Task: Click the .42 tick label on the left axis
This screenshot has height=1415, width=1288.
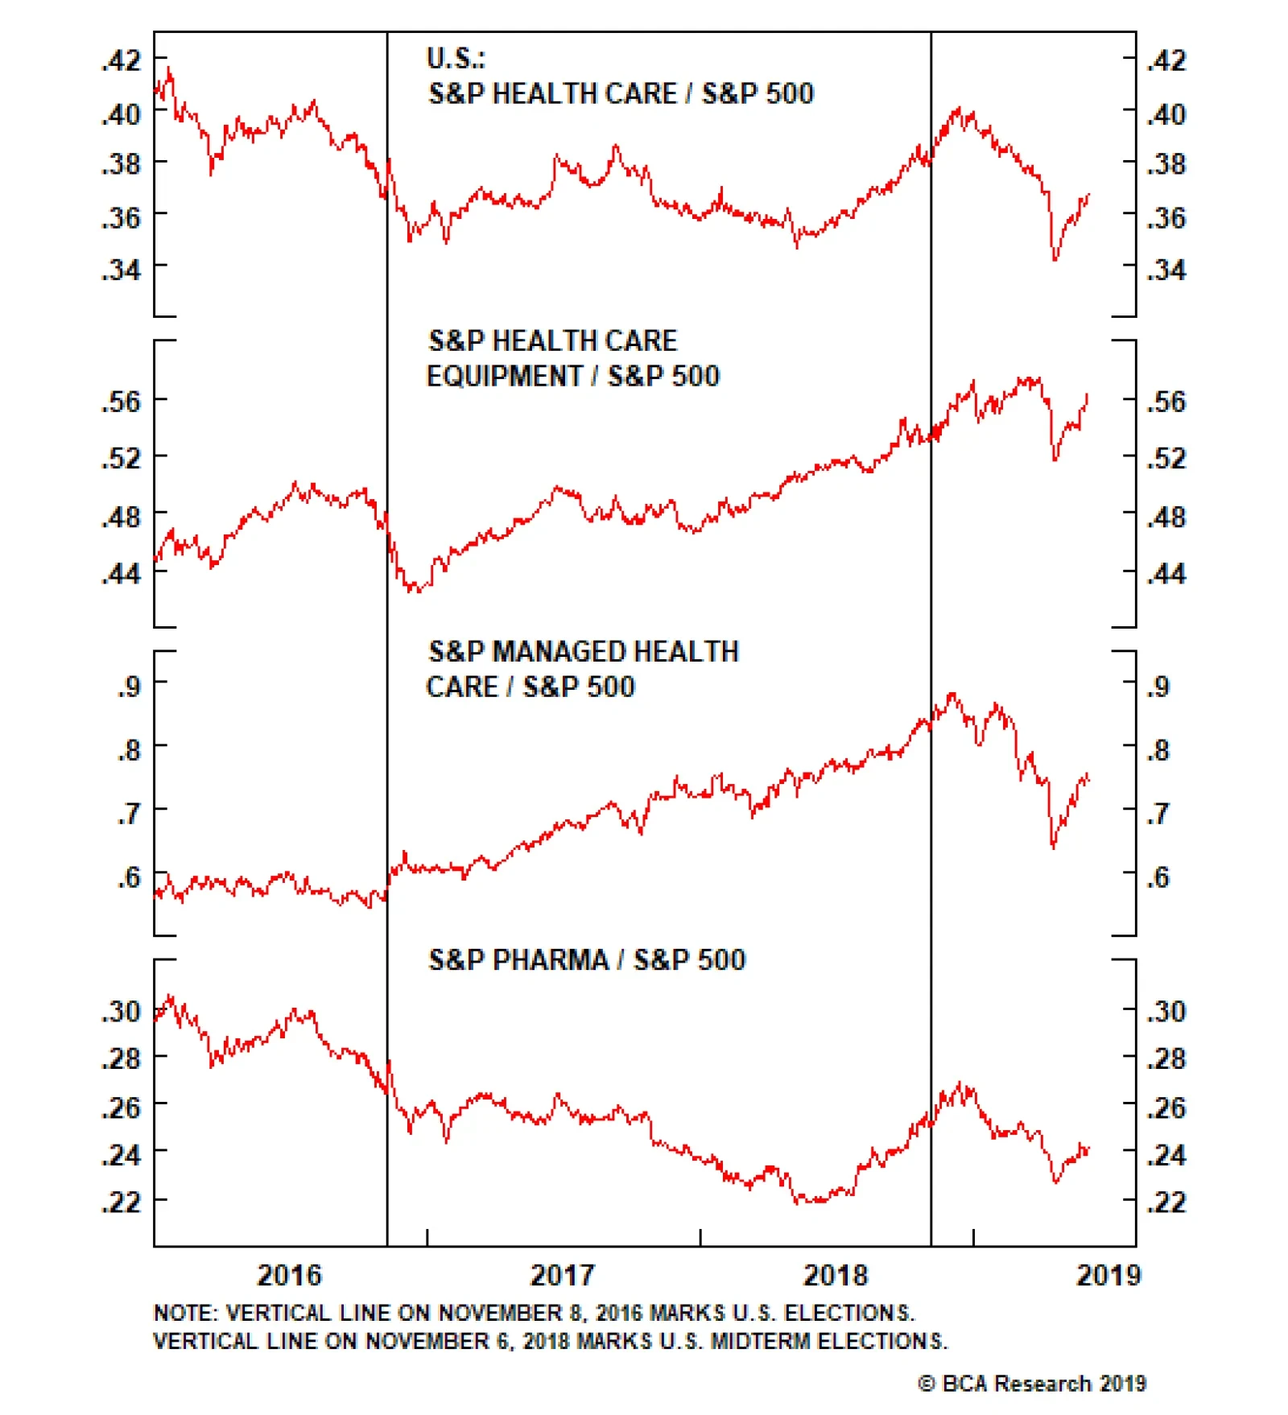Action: [122, 60]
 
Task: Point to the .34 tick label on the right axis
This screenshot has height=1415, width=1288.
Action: [1166, 270]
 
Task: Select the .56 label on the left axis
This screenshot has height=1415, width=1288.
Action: [122, 401]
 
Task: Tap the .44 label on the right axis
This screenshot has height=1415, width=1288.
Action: [1166, 574]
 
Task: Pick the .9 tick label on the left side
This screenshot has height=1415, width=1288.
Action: [129, 687]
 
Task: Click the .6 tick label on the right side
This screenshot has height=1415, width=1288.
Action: [1158, 877]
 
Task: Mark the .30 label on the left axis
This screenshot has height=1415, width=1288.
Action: [122, 1011]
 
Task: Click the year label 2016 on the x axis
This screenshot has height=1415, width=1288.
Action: [289, 1276]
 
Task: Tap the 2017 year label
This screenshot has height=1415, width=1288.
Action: [562, 1276]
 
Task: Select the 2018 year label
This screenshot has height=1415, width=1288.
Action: [836, 1276]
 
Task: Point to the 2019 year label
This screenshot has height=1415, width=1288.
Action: [1108, 1276]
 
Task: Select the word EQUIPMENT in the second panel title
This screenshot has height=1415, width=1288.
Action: [504, 376]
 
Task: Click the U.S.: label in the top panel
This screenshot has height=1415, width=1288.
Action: [456, 59]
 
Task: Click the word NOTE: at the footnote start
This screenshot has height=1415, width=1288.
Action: [185, 1314]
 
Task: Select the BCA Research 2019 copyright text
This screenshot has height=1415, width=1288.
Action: [1032, 1384]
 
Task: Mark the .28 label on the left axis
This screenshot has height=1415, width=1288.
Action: [122, 1058]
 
